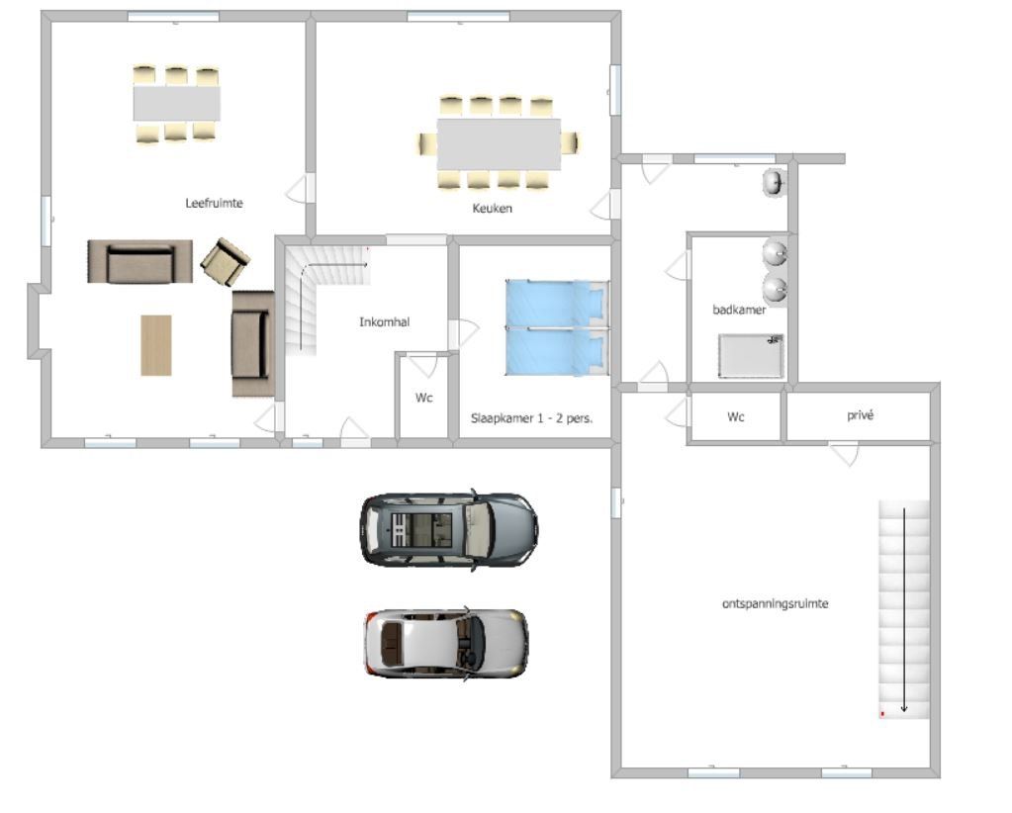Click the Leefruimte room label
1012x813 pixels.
pos(215,204)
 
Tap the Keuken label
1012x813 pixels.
pos(492,209)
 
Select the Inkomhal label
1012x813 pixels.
pos(384,322)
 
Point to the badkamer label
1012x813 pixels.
pos(739,310)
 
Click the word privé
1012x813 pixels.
pos(860,415)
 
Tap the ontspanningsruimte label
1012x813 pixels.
pos(776,604)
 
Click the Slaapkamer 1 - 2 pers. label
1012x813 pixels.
pos(531,418)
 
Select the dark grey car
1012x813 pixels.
pos(450,530)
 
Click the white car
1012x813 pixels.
pos(446,644)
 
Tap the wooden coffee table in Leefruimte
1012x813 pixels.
pos(156,345)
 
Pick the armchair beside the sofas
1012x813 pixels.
pos(226,262)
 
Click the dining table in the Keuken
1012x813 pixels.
pos(499,144)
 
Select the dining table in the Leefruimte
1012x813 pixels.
pos(177,103)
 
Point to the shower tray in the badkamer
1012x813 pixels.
pos(751,356)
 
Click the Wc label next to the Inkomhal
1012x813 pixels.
pos(424,399)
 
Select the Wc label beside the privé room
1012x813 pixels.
pos(736,417)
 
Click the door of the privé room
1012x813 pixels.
pos(844,454)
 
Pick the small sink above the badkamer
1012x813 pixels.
pos(774,183)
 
